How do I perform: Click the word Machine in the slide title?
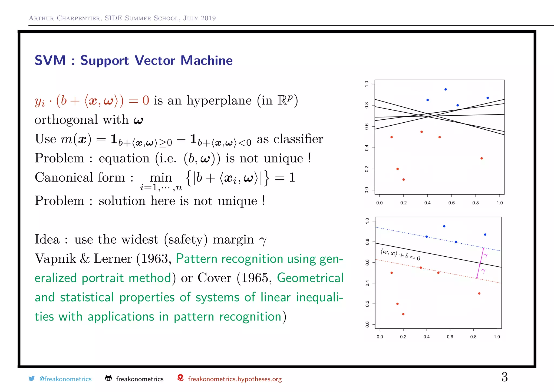coord(206,60)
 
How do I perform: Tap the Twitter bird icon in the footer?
coord(32,378)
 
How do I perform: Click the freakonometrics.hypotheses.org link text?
coord(235,379)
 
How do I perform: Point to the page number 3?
coord(504,377)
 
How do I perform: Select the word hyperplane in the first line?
coord(219,101)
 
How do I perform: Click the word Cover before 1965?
coord(215,278)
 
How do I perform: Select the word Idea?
coord(47,240)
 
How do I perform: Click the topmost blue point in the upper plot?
coord(446,89)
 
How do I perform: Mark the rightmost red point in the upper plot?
coord(482,158)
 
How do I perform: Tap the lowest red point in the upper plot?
coord(404,179)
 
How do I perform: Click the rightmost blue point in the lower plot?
coord(485,235)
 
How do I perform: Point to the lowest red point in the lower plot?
coord(403,314)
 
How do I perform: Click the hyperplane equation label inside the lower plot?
coord(400,255)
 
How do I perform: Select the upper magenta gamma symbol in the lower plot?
coord(486,255)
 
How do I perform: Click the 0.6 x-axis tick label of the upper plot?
coord(451,203)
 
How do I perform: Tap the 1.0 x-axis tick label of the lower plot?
coord(497,337)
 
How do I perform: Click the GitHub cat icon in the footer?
coord(108,378)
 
